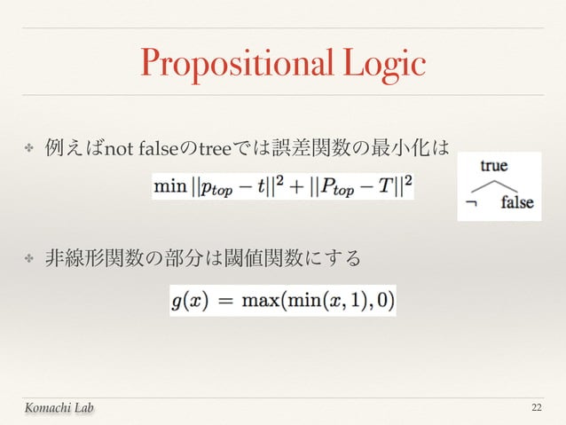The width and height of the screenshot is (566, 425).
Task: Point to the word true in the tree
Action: pos(494,165)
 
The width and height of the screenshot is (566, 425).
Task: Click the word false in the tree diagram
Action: pos(516,202)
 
